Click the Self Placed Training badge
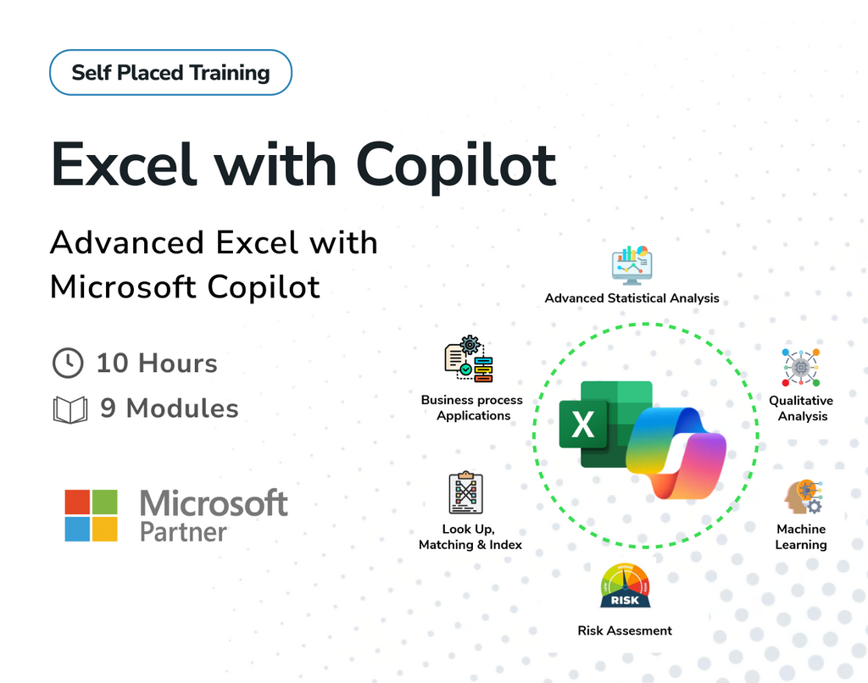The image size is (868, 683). click(170, 73)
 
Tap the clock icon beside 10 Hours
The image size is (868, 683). click(68, 364)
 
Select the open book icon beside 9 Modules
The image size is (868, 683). click(70, 409)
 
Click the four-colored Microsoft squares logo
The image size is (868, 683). click(91, 515)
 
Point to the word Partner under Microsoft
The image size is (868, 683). click(183, 532)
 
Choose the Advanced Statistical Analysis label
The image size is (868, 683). click(632, 298)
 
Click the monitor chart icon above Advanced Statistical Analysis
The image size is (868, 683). click(632, 264)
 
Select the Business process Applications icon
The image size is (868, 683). click(470, 359)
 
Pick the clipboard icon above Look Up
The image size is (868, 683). click(465, 493)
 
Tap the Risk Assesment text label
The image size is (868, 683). click(625, 630)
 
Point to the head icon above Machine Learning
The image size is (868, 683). click(802, 497)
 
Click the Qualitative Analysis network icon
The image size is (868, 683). click(800, 367)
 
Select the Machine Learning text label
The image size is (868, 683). click(801, 537)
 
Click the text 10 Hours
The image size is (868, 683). click(157, 364)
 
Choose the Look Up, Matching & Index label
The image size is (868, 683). click(470, 537)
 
